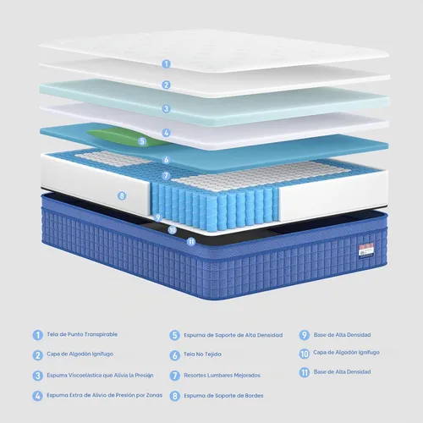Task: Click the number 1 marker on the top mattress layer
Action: tap(166, 63)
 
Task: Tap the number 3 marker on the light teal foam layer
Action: tap(166, 108)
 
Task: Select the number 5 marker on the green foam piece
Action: tap(142, 141)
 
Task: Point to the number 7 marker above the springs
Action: tap(166, 176)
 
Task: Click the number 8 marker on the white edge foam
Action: tap(122, 195)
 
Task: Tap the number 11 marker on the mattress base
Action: tap(191, 242)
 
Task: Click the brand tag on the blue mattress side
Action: tap(366, 250)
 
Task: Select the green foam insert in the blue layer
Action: tap(124, 137)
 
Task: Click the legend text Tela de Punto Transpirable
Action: tap(82, 334)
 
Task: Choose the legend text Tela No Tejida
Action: tap(202, 354)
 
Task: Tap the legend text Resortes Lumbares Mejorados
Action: tap(222, 376)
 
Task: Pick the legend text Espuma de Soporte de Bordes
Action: tap(223, 396)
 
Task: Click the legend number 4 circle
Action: tap(37, 396)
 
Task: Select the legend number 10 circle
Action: tap(305, 354)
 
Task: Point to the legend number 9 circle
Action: tap(305, 335)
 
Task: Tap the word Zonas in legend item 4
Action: tap(154, 395)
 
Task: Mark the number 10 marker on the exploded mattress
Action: tap(173, 230)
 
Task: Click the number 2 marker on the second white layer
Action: tap(166, 85)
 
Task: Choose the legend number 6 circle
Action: tap(175, 355)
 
